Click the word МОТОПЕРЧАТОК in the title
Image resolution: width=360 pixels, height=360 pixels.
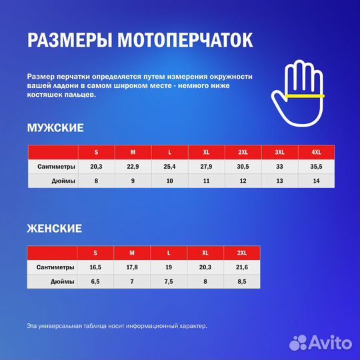click(185, 40)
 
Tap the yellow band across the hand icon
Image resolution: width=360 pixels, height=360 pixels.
click(303, 97)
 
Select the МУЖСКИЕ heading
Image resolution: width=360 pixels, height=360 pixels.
click(55, 127)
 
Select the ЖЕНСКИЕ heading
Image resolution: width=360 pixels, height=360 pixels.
click(55, 229)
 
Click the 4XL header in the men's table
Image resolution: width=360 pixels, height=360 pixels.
click(316, 152)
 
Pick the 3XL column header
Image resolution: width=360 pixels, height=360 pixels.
click(279, 152)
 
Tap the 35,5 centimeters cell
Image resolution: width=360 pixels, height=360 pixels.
click(316, 167)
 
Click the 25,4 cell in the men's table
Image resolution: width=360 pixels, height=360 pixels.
click(169, 167)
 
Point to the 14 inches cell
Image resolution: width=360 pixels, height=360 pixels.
click(316, 181)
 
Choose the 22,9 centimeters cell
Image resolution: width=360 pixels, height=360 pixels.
click(133, 167)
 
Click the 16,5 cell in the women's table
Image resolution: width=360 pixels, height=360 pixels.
click(95, 267)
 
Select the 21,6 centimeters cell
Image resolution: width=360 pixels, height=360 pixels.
click(242, 267)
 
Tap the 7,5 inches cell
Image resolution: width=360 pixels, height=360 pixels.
click(169, 281)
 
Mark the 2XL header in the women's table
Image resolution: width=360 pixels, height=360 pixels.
click(242, 253)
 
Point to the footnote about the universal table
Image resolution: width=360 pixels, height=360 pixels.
click(117, 326)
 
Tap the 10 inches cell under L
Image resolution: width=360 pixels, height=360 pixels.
click(169, 181)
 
